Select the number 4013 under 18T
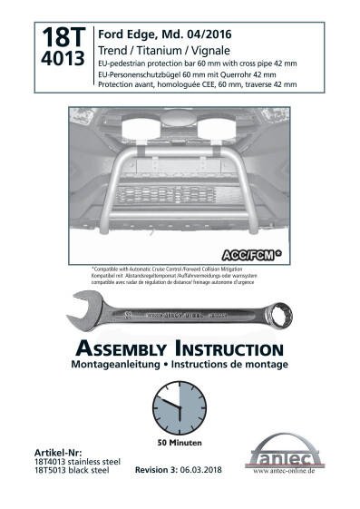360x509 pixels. [63, 60]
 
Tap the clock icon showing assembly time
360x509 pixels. [179, 407]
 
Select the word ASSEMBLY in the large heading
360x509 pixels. [129, 349]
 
